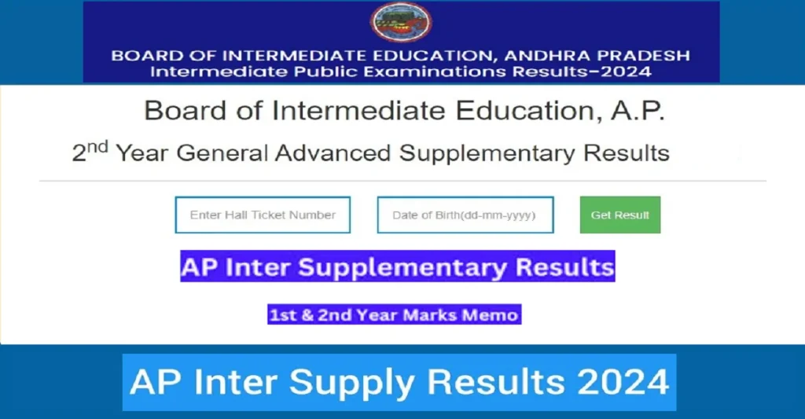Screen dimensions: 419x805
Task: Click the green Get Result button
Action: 620,215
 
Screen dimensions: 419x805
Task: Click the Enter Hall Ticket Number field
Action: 263,215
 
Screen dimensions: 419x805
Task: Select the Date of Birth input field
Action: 465,215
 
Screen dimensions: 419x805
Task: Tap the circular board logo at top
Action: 402,24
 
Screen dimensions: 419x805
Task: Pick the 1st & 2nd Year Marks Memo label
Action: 394,315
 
